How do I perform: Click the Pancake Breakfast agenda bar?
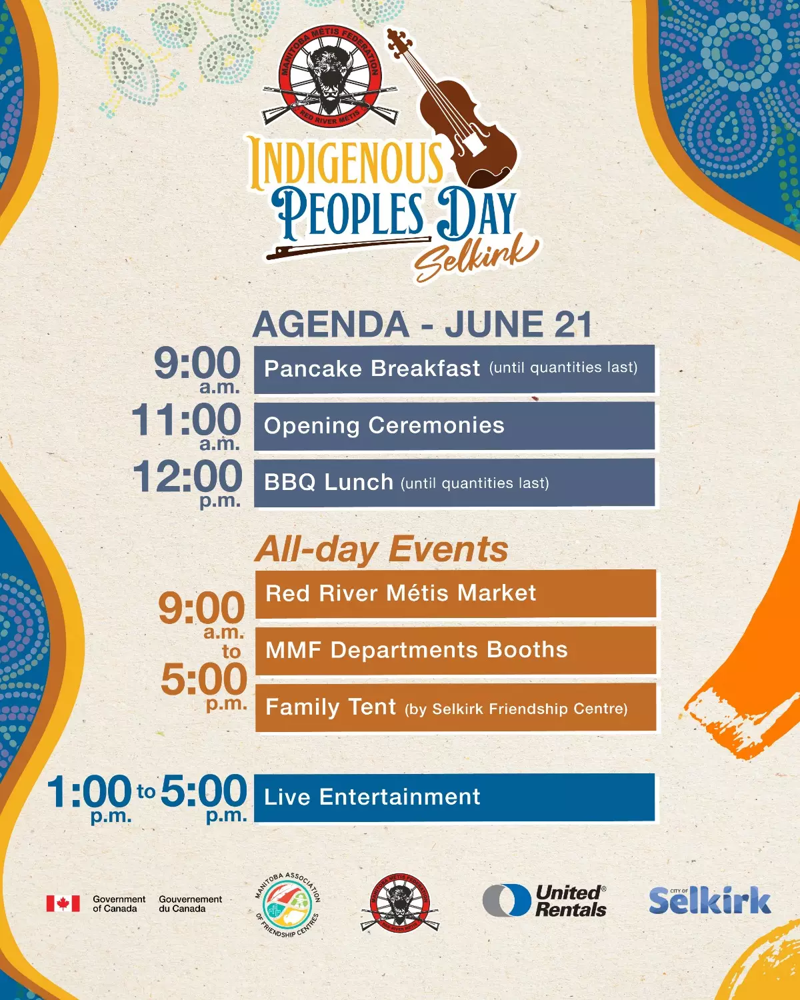click(454, 369)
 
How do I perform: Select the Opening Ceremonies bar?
click(454, 425)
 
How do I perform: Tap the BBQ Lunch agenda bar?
click(454, 483)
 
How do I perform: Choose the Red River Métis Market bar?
click(455, 593)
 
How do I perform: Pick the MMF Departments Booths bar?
click(455, 650)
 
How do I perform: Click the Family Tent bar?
click(455, 707)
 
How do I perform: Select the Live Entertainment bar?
click(454, 797)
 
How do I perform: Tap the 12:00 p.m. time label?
click(187, 484)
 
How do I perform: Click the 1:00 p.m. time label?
click(89, 799)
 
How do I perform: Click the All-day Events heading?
click(381, 549)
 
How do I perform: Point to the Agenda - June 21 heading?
click(423, 324)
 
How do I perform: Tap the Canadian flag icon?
click(63, 903)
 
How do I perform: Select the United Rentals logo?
click(545, 901)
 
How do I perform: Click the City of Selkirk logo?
click(710, 900)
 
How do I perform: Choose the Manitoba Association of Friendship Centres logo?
click(288, 904)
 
